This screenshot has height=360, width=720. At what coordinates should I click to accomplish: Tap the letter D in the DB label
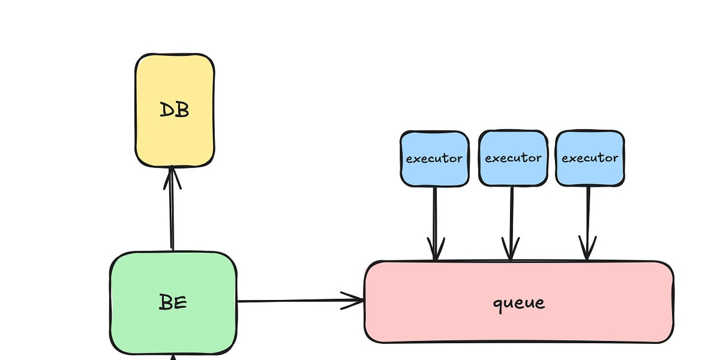coord(167,110)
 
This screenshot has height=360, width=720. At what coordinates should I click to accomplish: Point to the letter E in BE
coord(180,302)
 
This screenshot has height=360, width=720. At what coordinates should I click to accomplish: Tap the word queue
coord(519,302)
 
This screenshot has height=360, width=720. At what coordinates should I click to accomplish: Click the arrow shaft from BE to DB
coord(172,216)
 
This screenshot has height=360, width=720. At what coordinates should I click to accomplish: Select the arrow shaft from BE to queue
coord(288,301)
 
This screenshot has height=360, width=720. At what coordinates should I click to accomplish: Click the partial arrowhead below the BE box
coord(173,357)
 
